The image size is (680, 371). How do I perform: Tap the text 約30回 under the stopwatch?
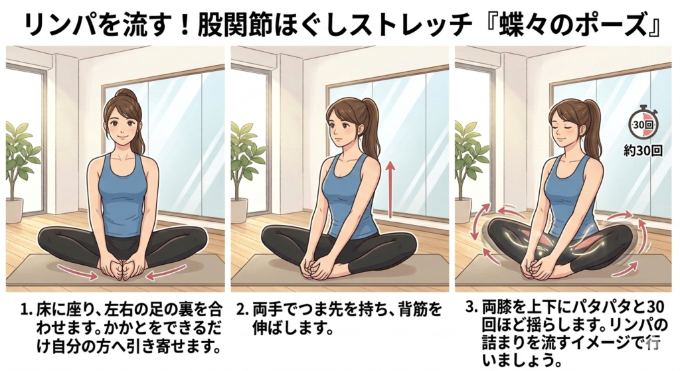click(x=643, y=151)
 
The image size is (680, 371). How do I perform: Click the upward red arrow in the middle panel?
click(x=390, y=189)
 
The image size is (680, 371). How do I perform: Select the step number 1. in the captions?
click(x=27, y=311)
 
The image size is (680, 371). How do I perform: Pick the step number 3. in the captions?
click(x=471, y=307)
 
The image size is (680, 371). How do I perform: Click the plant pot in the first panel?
click(x=15, y=210)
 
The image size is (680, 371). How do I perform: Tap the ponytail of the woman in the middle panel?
click(x=369, y=125)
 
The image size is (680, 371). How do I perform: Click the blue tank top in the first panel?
click(x=121, y=195)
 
